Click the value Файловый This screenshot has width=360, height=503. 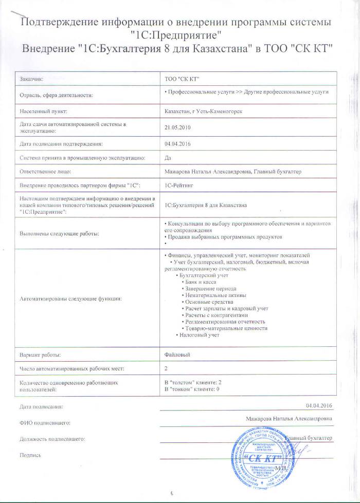[175, 355]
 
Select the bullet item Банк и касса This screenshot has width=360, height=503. [200, 282]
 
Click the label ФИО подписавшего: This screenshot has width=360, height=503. [45, 422]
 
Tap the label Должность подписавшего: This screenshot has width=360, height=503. [52, 439]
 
